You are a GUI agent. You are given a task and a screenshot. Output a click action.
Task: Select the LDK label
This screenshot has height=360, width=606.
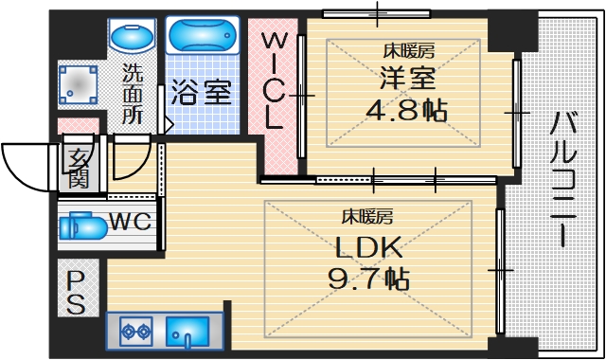coord(368,248)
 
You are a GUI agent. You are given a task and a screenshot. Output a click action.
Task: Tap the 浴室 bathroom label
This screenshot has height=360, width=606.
coord(201,93)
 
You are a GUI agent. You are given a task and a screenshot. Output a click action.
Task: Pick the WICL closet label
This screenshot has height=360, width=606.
coord(274,81)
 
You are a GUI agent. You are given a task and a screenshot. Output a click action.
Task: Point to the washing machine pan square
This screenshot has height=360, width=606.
coord(80,86)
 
